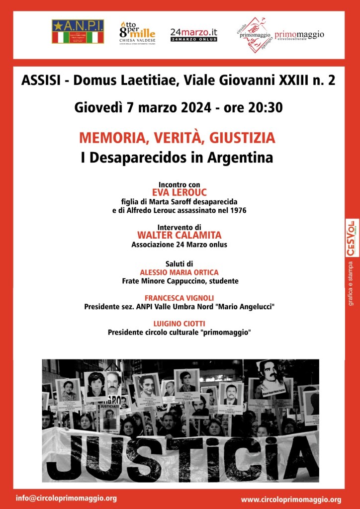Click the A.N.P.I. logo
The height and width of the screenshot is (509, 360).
(x=78, y=32)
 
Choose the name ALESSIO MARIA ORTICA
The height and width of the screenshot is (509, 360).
(x=180, y=272)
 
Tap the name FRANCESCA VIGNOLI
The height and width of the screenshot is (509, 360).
(x=180, y=298)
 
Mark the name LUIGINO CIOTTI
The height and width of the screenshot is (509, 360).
(x=180, y=324)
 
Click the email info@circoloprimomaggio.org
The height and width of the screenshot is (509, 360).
(x=66, y=498)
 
